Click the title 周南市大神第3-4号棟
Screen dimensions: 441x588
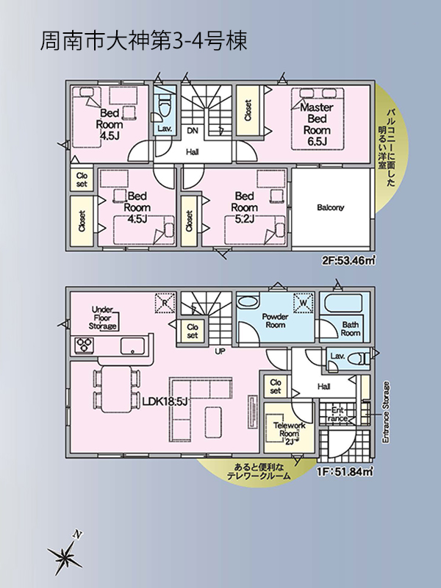(143, 41)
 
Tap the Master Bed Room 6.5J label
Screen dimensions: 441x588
(317, 124)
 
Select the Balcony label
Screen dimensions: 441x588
(330, 207)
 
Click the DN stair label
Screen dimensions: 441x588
(193, 131)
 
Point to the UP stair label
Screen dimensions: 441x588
(220, 352)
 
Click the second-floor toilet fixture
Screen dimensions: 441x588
(165, 106)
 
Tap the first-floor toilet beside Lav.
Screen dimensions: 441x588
(359, 359)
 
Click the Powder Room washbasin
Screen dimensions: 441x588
(248, 302)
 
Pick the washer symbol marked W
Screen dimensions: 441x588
(304, 302)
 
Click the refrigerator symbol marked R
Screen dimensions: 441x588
(165, 302)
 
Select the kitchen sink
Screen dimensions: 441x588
(132, 345)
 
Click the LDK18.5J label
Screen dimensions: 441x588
(165, 401)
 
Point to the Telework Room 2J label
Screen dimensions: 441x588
(289, 434)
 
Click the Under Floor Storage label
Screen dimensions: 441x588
(103, 318)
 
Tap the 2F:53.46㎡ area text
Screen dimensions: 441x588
(348, 260)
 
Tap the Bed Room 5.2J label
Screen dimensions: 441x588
(244, 207)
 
